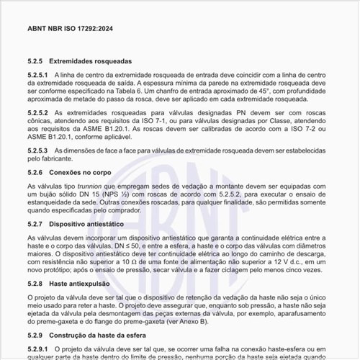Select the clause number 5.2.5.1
[x=37, y=75]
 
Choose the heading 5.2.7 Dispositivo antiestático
[x=80, y=225]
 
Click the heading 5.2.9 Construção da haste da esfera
[x=89, y=336]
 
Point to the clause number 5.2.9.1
[x=37, y=349]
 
